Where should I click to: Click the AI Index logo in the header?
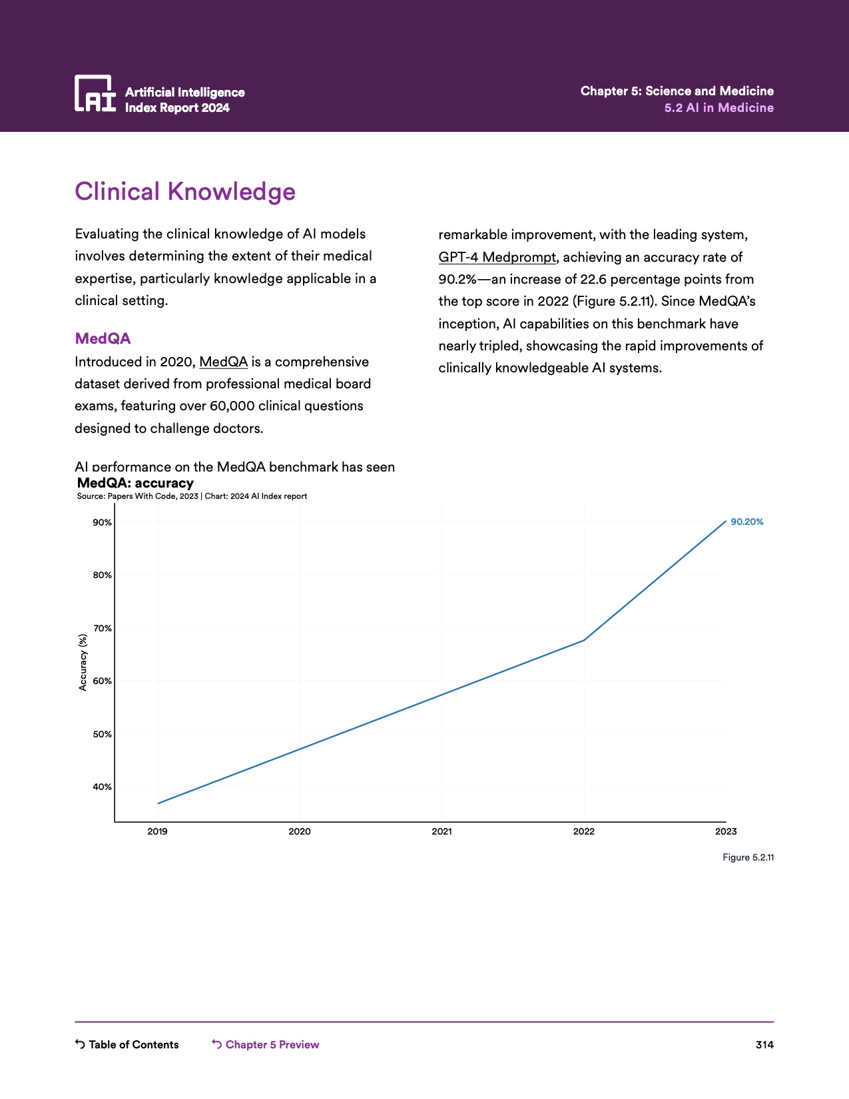pos(95,93)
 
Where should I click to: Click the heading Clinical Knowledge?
pos(185,191)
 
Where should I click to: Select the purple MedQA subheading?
pos(103,338)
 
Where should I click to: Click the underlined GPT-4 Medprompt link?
pos(497,257)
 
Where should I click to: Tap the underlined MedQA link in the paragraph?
pos(223,362)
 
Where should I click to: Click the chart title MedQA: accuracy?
pos(135,483)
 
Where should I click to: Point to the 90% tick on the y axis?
pos(102,522)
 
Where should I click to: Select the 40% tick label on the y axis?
pos(102,787)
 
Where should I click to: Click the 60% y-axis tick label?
pos(102,681)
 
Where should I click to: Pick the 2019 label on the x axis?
pos(157,831)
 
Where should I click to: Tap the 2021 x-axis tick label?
pos(441,831)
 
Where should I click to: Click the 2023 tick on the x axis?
pos(726,831)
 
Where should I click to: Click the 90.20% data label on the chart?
pos(747,522)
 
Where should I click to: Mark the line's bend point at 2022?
pos(584,640)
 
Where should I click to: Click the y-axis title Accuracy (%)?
pos(83,662)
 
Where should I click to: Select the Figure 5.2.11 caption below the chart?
pos(748,857)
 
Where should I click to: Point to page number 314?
pos(764,1044)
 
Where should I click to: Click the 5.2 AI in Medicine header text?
pos(718,108)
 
